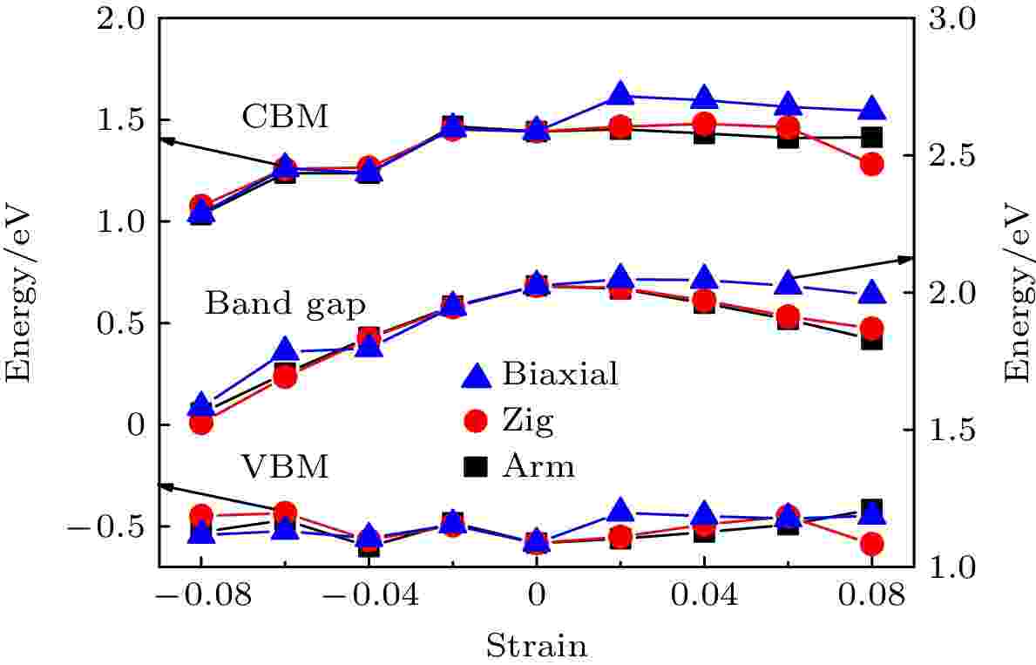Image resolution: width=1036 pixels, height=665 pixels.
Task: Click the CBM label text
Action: click(286, 117)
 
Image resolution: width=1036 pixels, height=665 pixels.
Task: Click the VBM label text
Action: click(286, 468)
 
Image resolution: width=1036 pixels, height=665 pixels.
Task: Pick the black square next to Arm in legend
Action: click(475, 467)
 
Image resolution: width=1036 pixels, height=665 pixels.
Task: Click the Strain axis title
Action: click(536, 646)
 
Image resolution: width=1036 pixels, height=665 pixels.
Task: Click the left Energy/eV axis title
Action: click(19, 292)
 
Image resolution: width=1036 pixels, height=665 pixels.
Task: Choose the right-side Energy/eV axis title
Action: click(1016, 292)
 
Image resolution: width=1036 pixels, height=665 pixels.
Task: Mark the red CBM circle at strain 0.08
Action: click(871, 164)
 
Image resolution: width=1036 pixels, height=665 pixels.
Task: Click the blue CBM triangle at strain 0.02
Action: click(620, 94)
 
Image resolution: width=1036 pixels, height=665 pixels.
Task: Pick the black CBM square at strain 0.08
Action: click(871, 137)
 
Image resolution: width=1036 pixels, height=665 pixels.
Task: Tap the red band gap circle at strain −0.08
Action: click(201, 423)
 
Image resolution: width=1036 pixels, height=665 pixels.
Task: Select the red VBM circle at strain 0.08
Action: click(871, 544)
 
